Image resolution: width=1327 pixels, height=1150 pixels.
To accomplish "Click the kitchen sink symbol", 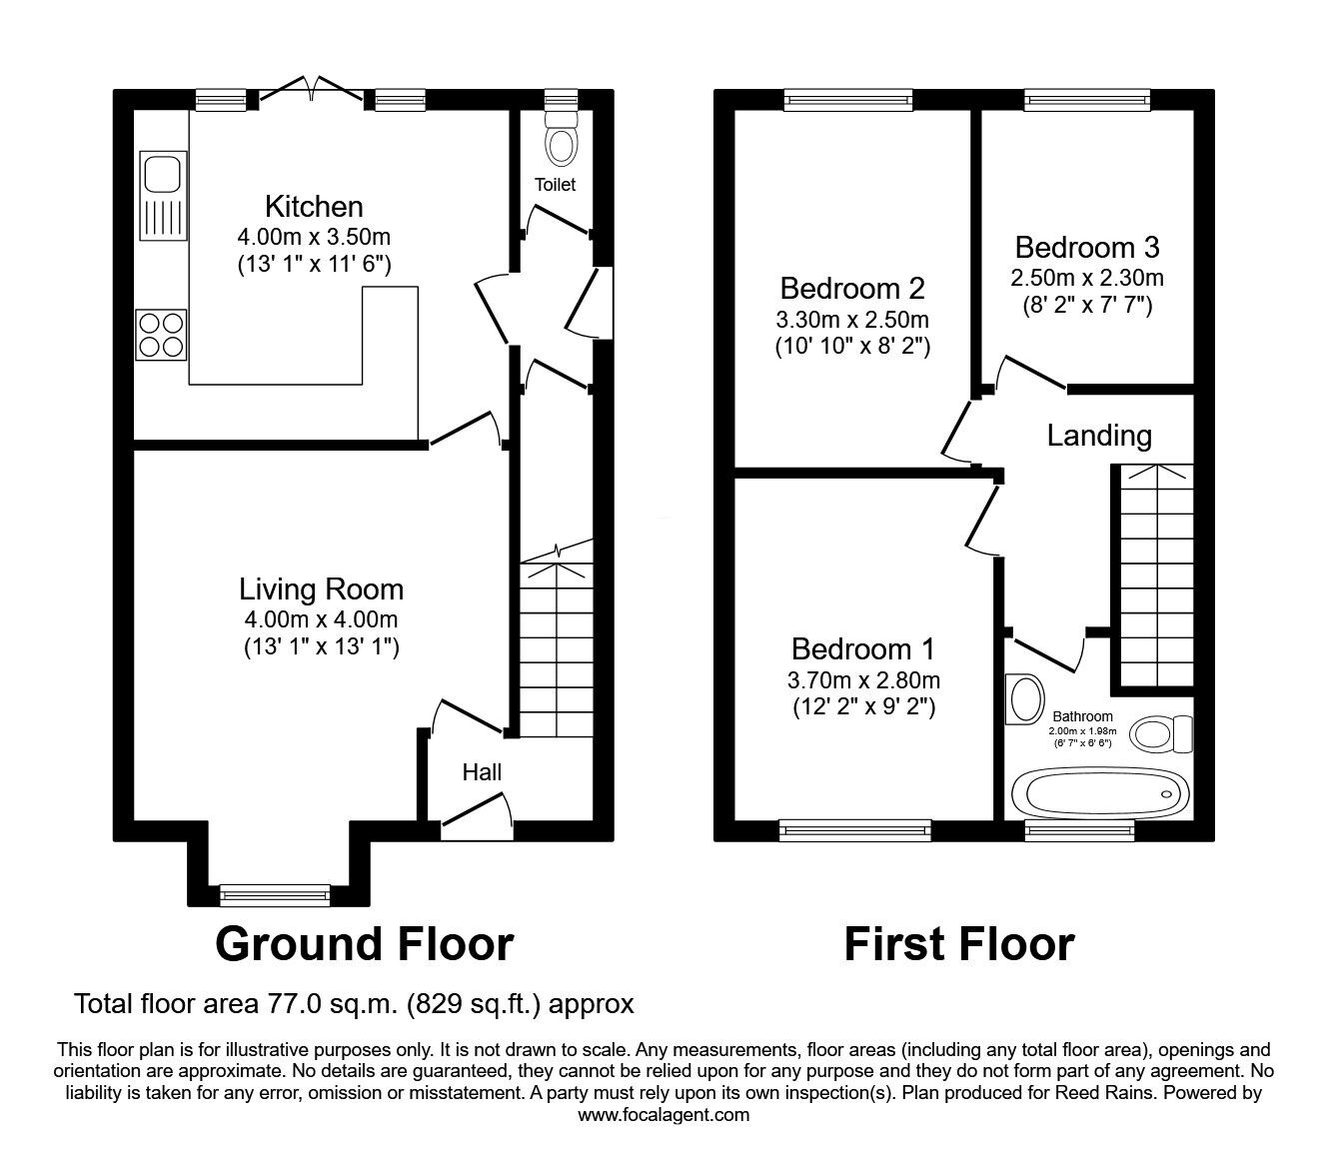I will (x=162, y=197).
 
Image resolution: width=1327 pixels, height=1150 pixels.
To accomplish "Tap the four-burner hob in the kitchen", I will (x=162, y=334).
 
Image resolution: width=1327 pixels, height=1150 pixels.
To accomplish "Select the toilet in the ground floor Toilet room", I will (x=563, y=141).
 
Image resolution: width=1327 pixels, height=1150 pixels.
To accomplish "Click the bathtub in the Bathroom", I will (x=1101, y=793).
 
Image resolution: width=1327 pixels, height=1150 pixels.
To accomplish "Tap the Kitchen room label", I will (x=314, y=207).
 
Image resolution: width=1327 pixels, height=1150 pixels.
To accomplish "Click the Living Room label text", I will (x=321, y=588).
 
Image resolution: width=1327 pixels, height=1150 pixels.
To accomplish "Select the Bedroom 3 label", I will (x=1087, y=247).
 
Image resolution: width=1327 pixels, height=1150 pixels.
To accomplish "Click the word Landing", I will (x=1099, y=436).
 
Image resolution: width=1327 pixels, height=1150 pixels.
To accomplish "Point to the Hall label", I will (x=482, y=772).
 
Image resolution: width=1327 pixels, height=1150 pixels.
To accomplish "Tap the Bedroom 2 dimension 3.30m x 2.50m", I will (x=852, y=321).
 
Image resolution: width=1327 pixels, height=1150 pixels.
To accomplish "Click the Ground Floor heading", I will (x=364, y=944).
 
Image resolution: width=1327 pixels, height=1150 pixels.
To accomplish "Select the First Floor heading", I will (x=958, y=944).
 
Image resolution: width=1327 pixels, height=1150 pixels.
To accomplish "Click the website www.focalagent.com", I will (x=663, y=1115).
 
